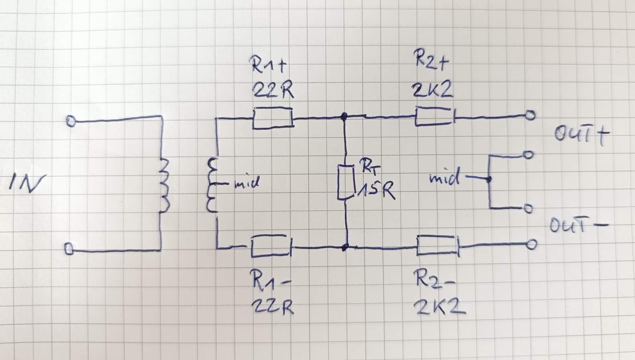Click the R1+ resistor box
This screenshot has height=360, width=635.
[x=273, y=118]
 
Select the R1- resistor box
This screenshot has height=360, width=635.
[x=271, y=246]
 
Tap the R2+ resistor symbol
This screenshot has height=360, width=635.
[x=435, y=116]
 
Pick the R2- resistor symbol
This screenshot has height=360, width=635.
[x=438, y=245]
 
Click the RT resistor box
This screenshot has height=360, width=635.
[x=346, y=182]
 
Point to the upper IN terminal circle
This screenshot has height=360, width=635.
[x=71, y=121]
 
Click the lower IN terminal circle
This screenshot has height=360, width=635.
[x=69, y=249]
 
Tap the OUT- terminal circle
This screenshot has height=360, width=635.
[x=531, y=244]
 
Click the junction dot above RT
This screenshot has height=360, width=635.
[x=344, y=116]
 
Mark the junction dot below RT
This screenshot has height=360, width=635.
[x=345, y=247]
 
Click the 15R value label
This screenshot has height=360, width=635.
[x=376, y=190]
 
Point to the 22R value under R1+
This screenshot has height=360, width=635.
[x=273, y=91]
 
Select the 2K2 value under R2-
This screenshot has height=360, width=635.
[x=439, y=307]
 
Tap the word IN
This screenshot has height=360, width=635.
[x=28, y=183]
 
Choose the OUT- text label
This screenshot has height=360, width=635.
[x=579, y=225]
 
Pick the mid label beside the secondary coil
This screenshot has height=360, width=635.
[x=246, y=183]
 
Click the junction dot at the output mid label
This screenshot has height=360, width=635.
[x=489, y=179]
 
